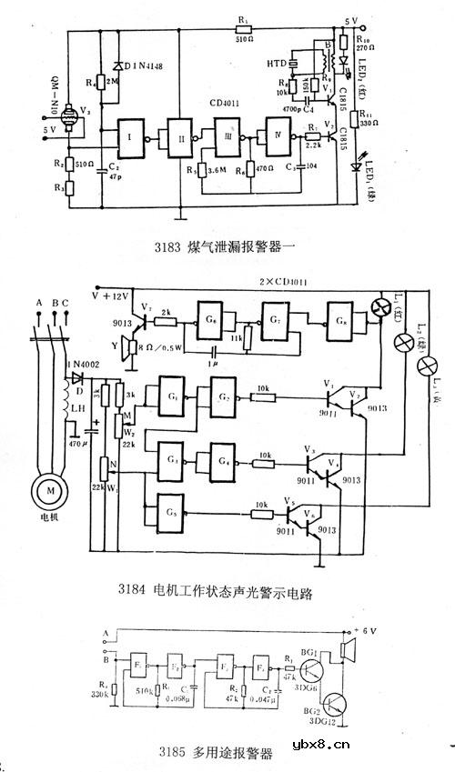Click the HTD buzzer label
[x=277, y=63]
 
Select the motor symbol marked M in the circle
[x=43, y=493]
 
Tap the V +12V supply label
[x=111, y=296]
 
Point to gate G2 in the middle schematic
[x=221, y=396]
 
